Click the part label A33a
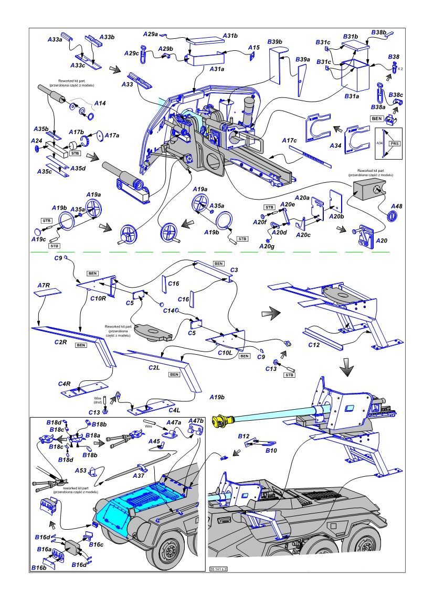pos(55,39)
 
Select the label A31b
pos(230,36)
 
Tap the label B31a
pos(351,96)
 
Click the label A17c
pos(289,140)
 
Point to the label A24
pos(36,141)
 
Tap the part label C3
pos(234,269)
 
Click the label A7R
pos(44,285)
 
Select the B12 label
pos(244,436)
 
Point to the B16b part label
pos(38,567)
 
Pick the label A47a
pos(174,422)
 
